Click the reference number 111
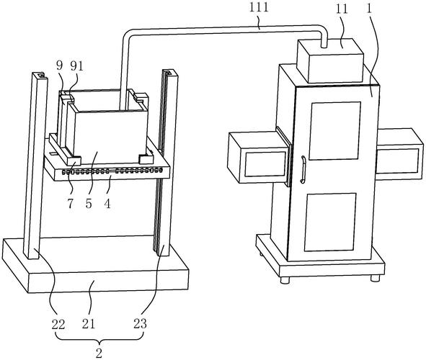259,6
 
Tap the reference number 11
342,9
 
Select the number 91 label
76,66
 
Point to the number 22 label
58,324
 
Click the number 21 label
89,324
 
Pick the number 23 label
140,323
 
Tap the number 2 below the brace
99,353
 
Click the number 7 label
71,203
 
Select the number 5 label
89,203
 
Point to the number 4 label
107,203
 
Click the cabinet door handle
303,169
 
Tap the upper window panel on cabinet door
334,131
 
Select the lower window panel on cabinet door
330,222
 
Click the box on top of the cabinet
330,60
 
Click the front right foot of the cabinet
376,278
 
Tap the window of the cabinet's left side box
265,164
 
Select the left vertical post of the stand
35,165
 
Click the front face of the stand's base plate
108,282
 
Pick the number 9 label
60,66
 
